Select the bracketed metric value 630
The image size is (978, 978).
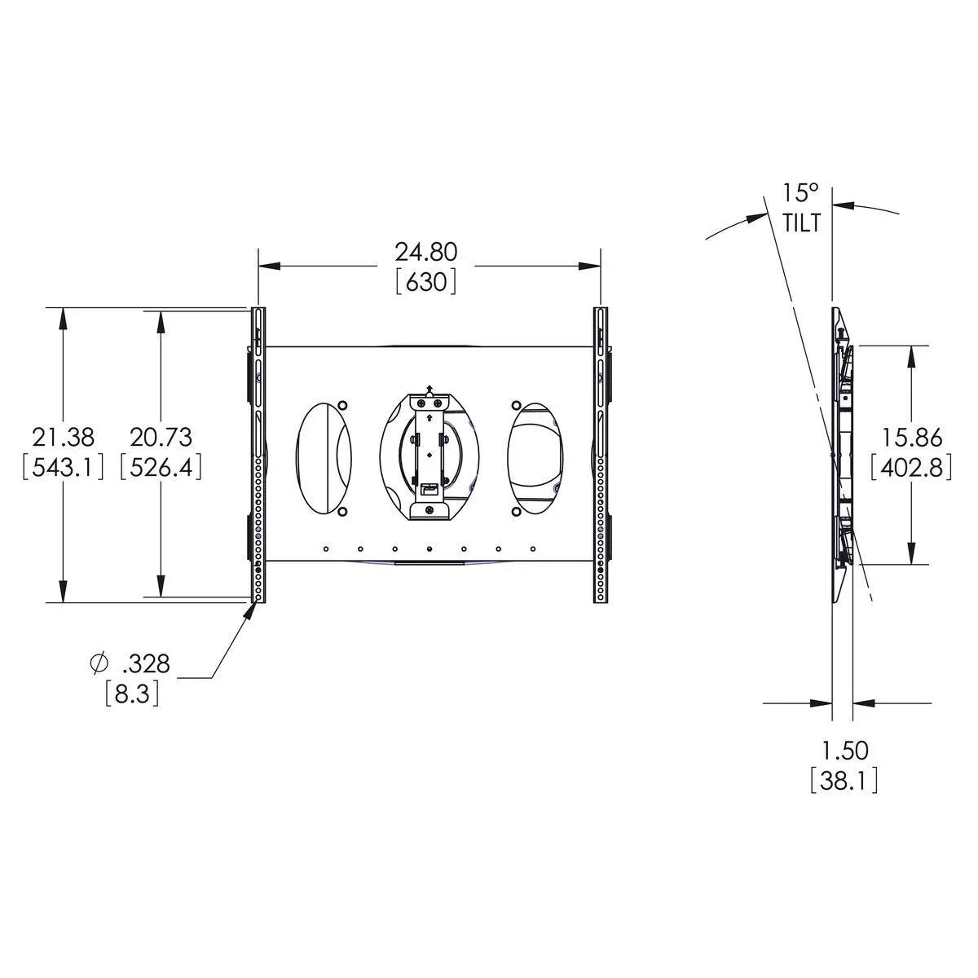pos(425,282)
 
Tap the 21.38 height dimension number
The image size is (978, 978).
pos(60,437)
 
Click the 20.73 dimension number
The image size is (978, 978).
pos(161,437)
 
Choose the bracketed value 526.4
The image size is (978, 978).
pos(161,468)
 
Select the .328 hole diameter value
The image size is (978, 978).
pos(147,664)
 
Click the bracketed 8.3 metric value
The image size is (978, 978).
pos(132,695)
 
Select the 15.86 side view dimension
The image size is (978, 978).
pos(910,438)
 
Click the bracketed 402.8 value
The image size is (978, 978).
pos(910,469)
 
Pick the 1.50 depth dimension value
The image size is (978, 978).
pos(844,750)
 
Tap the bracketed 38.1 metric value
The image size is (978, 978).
pos(844,781)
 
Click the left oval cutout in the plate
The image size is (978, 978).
pos(324,457)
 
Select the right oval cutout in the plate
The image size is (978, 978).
pos(535,457)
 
